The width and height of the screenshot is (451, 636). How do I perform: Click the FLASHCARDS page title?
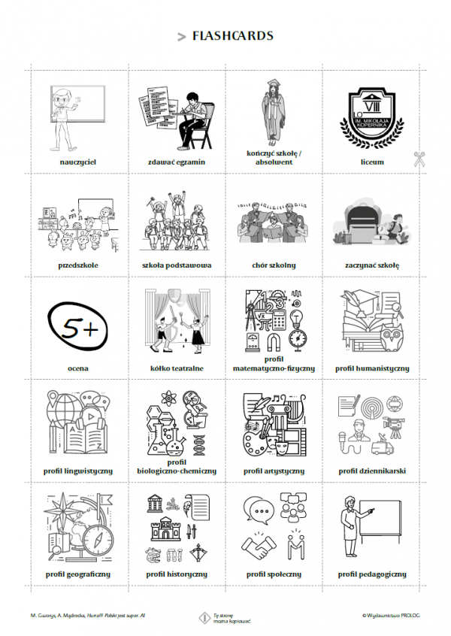click(233, 35)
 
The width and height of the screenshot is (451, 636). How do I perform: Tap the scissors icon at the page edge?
click(419, 159)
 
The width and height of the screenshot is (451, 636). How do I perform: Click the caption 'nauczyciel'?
click(78, 162)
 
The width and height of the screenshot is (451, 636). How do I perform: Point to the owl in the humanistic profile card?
click(392, 338)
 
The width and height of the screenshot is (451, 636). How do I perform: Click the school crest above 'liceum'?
click(372, 118)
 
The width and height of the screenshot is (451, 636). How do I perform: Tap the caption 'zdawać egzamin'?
click(177, 162)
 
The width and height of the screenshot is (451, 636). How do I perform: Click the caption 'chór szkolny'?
click(274, 265)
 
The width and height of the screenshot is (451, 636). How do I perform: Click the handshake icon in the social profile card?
click(259, 546)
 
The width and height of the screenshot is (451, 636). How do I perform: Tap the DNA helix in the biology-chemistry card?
click(199, 444)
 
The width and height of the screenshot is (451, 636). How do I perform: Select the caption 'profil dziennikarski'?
click(372, 471)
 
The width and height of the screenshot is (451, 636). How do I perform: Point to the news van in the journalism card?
click(382, 445)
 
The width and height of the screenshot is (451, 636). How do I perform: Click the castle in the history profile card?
click(165, 529)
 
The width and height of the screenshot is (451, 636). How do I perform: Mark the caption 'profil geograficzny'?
click(78, 574)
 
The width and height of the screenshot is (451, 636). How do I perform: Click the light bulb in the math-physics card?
click(297, 319)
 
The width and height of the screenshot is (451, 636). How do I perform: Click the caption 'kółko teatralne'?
click(177, 368)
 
